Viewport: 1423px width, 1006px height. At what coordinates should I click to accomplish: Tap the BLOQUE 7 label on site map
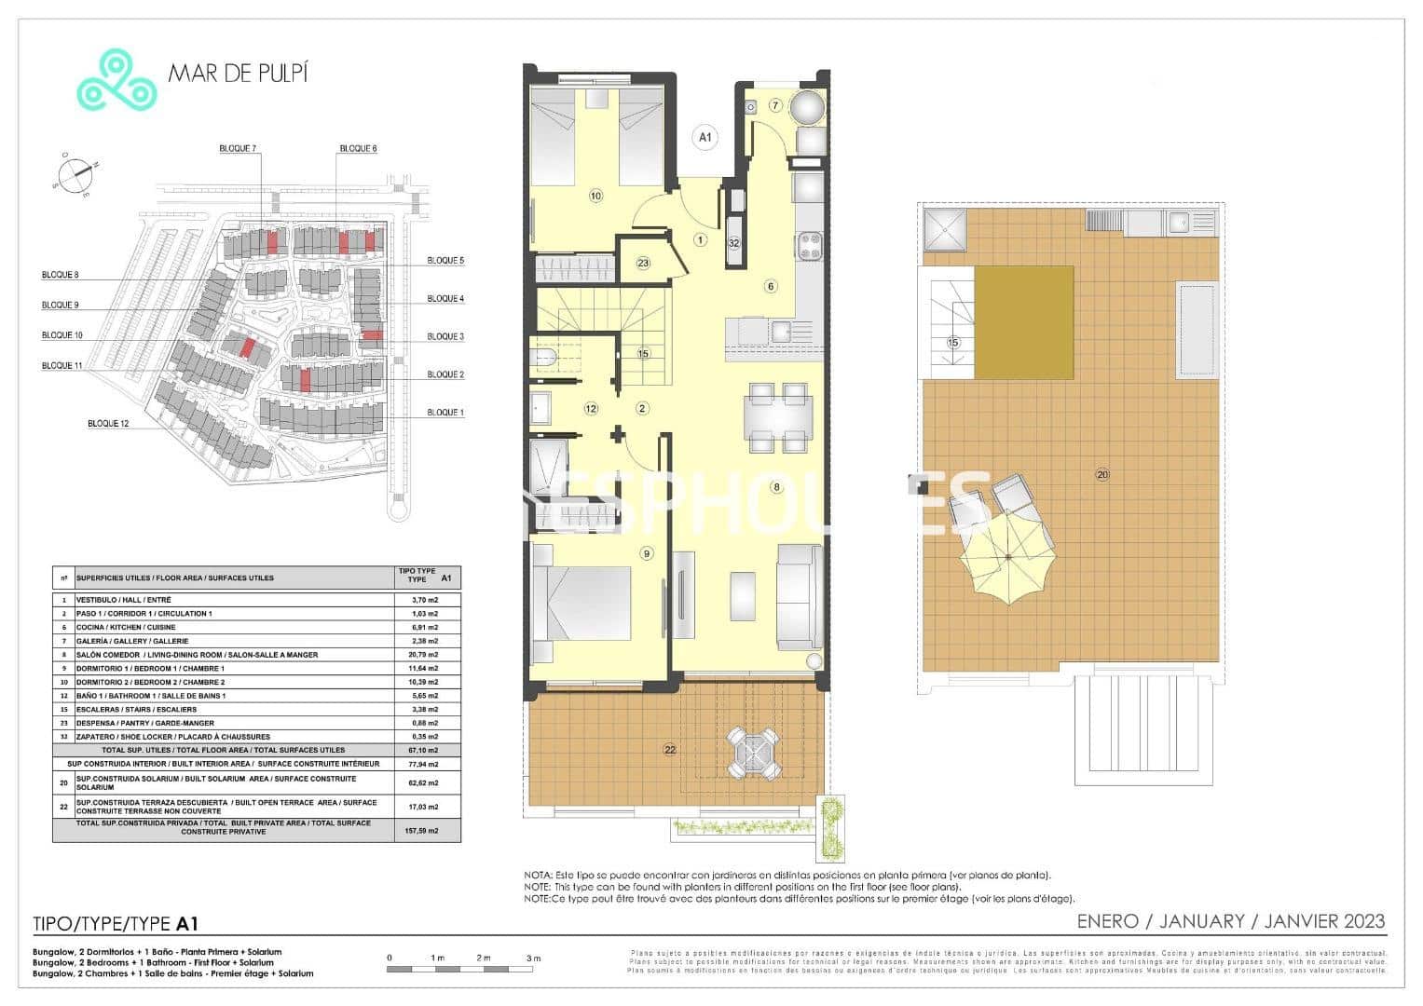[x=238, y=149]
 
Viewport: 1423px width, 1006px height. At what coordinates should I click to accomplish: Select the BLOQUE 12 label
[x=108, y=424]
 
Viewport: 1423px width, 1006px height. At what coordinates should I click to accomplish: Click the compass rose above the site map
[x=74, y=175]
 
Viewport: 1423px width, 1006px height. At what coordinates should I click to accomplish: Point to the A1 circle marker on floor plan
[x=705, y=138]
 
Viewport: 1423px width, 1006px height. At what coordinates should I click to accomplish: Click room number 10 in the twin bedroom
[x=595, y=196]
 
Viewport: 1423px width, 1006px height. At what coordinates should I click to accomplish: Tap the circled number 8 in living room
[x=776, y=486]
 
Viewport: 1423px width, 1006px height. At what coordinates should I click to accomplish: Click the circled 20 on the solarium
[x=1102, y=475]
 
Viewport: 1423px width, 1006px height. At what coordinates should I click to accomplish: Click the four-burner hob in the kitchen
[x=809, y=246]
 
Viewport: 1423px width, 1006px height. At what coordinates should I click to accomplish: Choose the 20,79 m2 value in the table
[x=425, y=655]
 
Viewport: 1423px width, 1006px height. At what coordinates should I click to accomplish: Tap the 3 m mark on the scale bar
[x=533, y=958]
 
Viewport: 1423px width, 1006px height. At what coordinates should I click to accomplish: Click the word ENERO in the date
[x=1107, y=921]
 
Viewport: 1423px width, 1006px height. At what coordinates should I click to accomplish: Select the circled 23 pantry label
[x=643, y=264]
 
